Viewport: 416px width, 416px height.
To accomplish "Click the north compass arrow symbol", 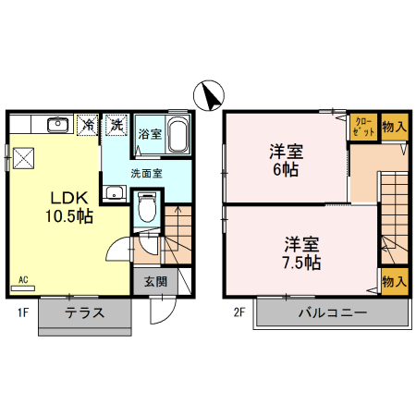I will click(x=210, y=95).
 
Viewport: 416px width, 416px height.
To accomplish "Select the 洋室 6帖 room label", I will click(x=286, y=160).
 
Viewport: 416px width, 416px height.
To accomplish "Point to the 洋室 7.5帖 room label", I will click(x=301, y=252).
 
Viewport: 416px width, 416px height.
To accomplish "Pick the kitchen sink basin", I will click(x=57, y=123).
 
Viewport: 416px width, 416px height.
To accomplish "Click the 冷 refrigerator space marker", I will click(x=89, y=123).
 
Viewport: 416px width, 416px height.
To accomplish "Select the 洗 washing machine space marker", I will click(x=116, y=123).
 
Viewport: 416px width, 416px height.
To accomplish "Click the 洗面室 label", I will click(x=145, y=172).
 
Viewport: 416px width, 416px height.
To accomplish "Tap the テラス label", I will click(x=85, y=312).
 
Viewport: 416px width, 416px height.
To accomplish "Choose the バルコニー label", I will click(x=332, y=312).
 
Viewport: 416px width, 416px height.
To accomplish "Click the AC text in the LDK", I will click(x=24, y=279).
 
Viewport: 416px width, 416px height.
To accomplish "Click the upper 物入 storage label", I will click(x=393, y=127).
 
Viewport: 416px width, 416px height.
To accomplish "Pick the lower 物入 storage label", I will click(x=393, y=281).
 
